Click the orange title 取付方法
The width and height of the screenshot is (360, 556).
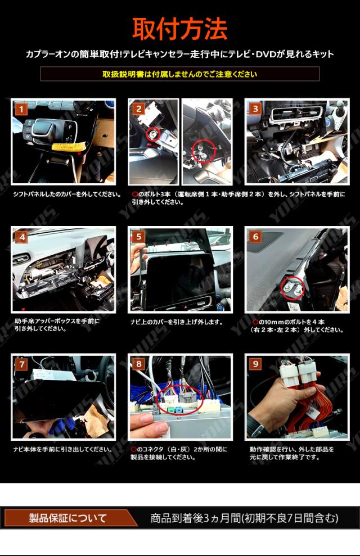coord(180,28)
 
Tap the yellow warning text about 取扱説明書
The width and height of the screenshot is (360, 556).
coord(180,74)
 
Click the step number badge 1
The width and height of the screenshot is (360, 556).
coord(21,109)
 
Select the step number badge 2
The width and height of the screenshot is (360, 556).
coord(139,109)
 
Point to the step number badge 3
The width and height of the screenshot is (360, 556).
coord(255,109)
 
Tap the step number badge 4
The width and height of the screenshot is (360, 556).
coord(22,237)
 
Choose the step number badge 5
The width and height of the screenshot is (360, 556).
coord(139,237)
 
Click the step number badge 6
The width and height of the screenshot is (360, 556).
coord(255,237)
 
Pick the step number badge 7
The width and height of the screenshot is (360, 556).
coord(22,364)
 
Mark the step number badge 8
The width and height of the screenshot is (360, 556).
coord(139,364)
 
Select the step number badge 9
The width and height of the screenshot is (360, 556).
coord(255,364)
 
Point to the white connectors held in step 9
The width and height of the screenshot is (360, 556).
coord(299,374)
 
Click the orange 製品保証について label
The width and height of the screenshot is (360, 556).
coord(67,518)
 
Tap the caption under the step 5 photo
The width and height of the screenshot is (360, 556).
coord(177,322)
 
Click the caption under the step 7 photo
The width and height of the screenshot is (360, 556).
coord(63,449)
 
